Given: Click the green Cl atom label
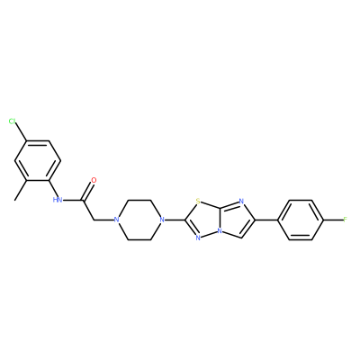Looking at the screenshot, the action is pos(12,121).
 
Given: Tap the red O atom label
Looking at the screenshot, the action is pos(94,180).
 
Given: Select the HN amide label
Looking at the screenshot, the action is pos(58,200).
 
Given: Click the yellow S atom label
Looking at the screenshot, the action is pos(198,201).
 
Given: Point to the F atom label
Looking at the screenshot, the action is pos(345,220).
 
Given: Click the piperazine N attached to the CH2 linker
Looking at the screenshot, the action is pos(117,220).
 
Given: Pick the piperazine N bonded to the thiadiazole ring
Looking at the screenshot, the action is pos(162,220).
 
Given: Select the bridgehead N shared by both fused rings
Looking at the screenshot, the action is pos(220,231).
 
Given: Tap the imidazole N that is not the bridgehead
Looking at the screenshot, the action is pos(242,202).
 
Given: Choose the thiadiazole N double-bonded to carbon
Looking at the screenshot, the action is pos(198,238).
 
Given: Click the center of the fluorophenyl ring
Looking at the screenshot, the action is pos(301,220).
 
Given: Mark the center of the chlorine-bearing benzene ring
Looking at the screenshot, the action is pos(38,160).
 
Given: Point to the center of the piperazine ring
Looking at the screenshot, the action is pos(139,220).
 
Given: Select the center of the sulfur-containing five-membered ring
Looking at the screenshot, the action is pos(204,220).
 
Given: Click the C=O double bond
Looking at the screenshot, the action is pos(88,190).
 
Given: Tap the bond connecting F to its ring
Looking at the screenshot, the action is pos(333,220).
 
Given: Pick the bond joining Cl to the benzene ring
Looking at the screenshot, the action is pos(22,132).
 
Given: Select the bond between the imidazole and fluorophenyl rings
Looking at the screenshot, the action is pos(266,220).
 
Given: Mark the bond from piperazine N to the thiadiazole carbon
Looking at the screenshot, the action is pos(175,220).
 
